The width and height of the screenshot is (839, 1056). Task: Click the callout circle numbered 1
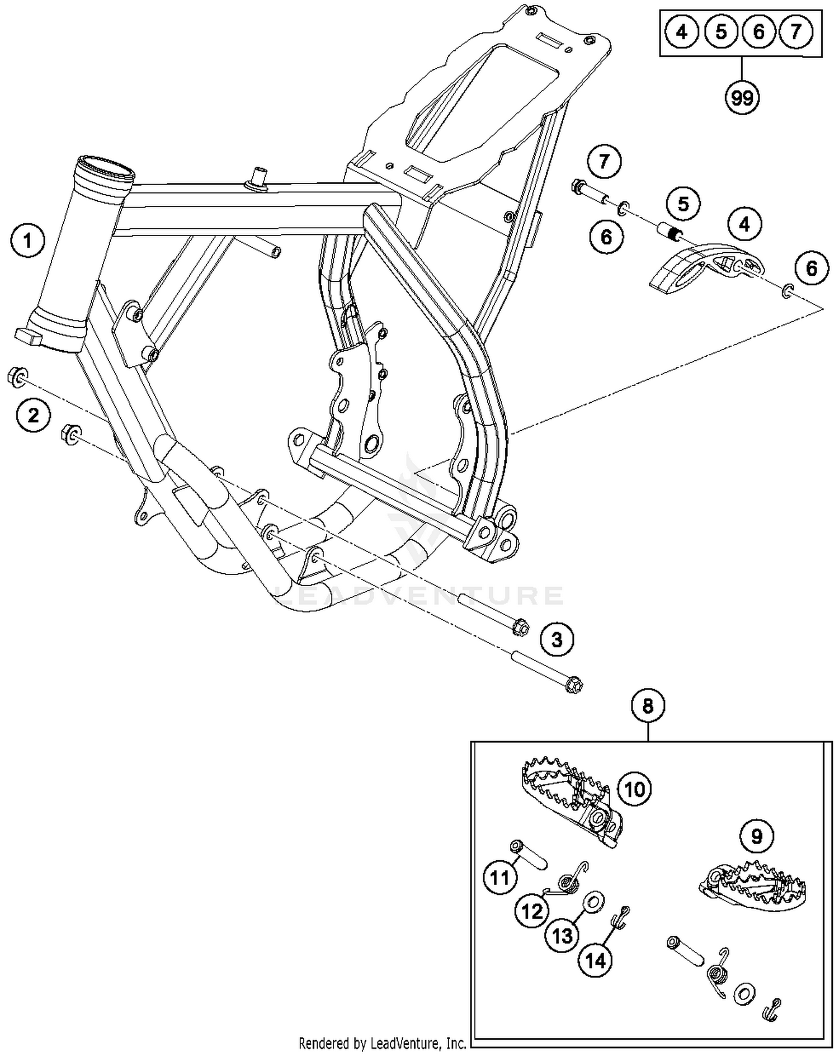(27, 242)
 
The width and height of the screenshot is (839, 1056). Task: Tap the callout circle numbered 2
(34, 415)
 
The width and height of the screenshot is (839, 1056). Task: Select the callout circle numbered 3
(557, 639)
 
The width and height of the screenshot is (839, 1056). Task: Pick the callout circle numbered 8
(648, 706)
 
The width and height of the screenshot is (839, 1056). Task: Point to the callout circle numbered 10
(634, 789)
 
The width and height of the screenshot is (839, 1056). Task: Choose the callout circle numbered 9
(757, 837)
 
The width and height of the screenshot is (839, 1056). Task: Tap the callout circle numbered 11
(499, 878)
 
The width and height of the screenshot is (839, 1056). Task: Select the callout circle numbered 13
(563, 935)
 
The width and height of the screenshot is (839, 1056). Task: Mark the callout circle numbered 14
(595, 961)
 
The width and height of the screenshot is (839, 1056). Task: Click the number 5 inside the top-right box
(722, 32)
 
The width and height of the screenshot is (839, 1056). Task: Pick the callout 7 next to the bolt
(604, 162)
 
